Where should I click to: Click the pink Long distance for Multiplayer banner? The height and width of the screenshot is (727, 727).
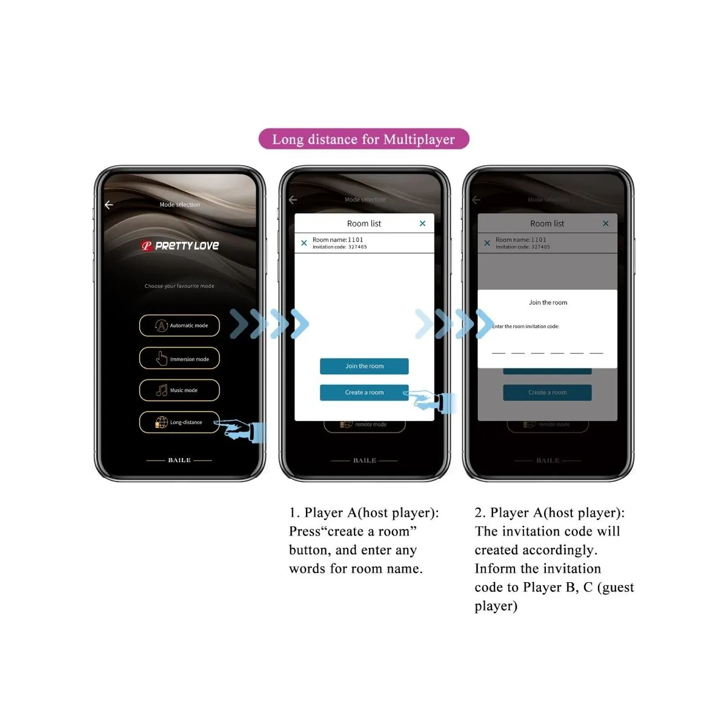pyautogui.click(x=363, y=139)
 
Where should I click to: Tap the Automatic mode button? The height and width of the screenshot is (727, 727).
pyautogui.click(x=179, y=325)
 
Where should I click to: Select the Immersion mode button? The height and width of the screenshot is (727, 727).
pyautogui.click(x=179, y=359)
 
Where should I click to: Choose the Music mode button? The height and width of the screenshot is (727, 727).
pyautogui.click(x=179, y=390)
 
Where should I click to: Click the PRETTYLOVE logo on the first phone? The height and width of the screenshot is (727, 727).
pyautogui.click(x=180, y=245)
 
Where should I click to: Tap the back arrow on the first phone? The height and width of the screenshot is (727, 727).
pyautogui.click(x=109, y=205)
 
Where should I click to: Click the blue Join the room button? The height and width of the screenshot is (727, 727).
pyautogui.click(x=364, y=366)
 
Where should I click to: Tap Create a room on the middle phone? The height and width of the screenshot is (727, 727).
pyautogui.click(x=364, y=393)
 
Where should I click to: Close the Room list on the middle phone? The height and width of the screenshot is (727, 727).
pyautogui.click(x=422, y=224)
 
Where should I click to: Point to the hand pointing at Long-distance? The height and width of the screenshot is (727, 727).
pyautogui.click(x=242, y=431)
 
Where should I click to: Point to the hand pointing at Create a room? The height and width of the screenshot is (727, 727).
pyautogui.click(x=431, y=401)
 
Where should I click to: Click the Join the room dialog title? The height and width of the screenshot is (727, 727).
pyautogui.click(x=548, y=302)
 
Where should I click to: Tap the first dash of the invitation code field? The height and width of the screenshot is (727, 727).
pyautogui.click(x=498, y=353)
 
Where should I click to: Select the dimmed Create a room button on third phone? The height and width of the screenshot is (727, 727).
pyautogui.click(x=547, y=393)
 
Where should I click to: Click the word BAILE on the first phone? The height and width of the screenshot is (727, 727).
pyautogui.click(x=179, y=460)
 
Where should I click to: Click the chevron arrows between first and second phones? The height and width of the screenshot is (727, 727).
pyautogui.click(x=270, y=324)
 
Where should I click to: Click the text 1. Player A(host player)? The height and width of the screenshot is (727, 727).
pyautogui.click(x=363, y=513)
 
